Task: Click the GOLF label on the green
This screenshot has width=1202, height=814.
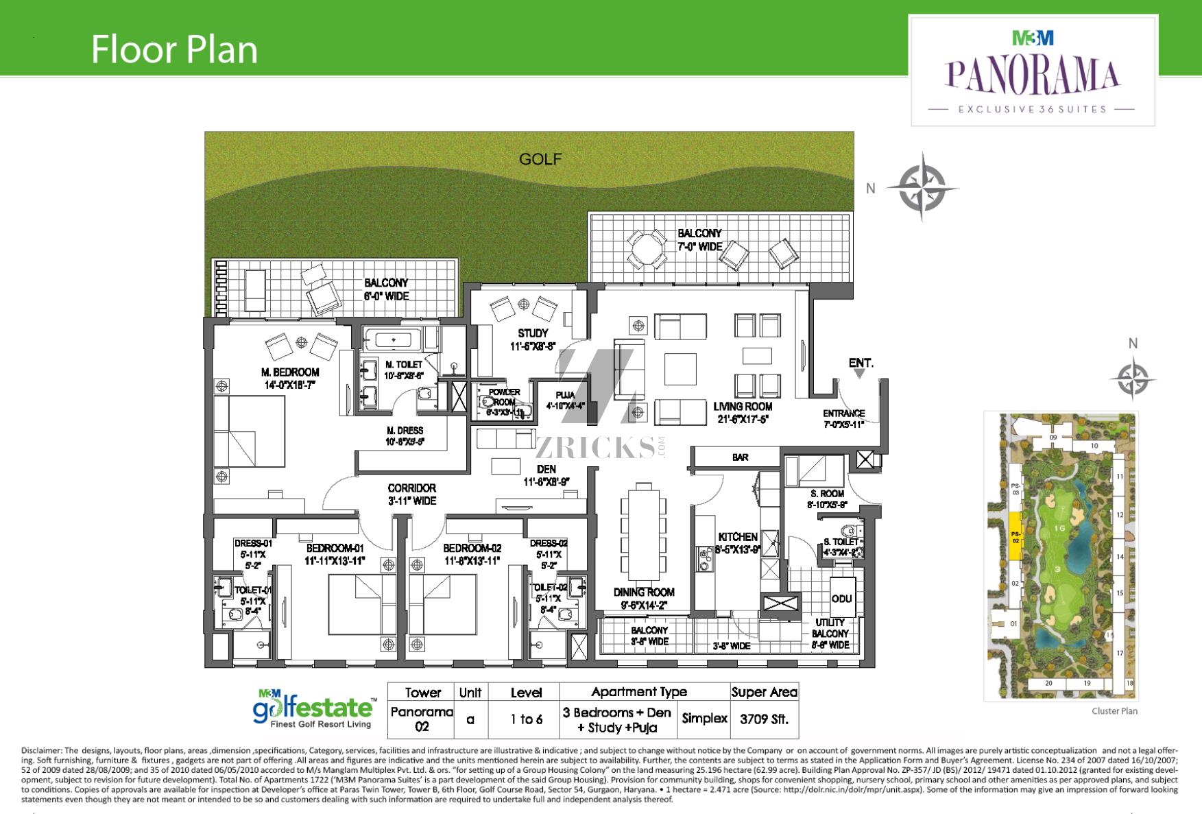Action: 540,159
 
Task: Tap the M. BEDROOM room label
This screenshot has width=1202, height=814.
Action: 290,372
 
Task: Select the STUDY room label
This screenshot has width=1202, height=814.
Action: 533,333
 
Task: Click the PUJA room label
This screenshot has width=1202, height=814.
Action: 566,396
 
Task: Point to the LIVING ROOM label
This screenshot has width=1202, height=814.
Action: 743,407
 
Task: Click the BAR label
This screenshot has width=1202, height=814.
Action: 740,457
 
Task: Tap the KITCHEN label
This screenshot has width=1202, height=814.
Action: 738,537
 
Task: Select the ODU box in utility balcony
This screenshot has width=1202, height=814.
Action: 841,599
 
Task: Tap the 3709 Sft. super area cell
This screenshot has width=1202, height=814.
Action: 764,719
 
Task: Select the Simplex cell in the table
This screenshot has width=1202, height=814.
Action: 704,719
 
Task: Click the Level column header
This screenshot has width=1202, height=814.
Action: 526,693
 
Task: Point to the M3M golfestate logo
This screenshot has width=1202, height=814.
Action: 315,708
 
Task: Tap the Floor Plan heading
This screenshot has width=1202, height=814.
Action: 174,49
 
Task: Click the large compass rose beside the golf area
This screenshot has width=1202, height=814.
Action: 922,187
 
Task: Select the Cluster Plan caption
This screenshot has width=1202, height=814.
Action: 1114,711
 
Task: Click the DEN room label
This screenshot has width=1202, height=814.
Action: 546,469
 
